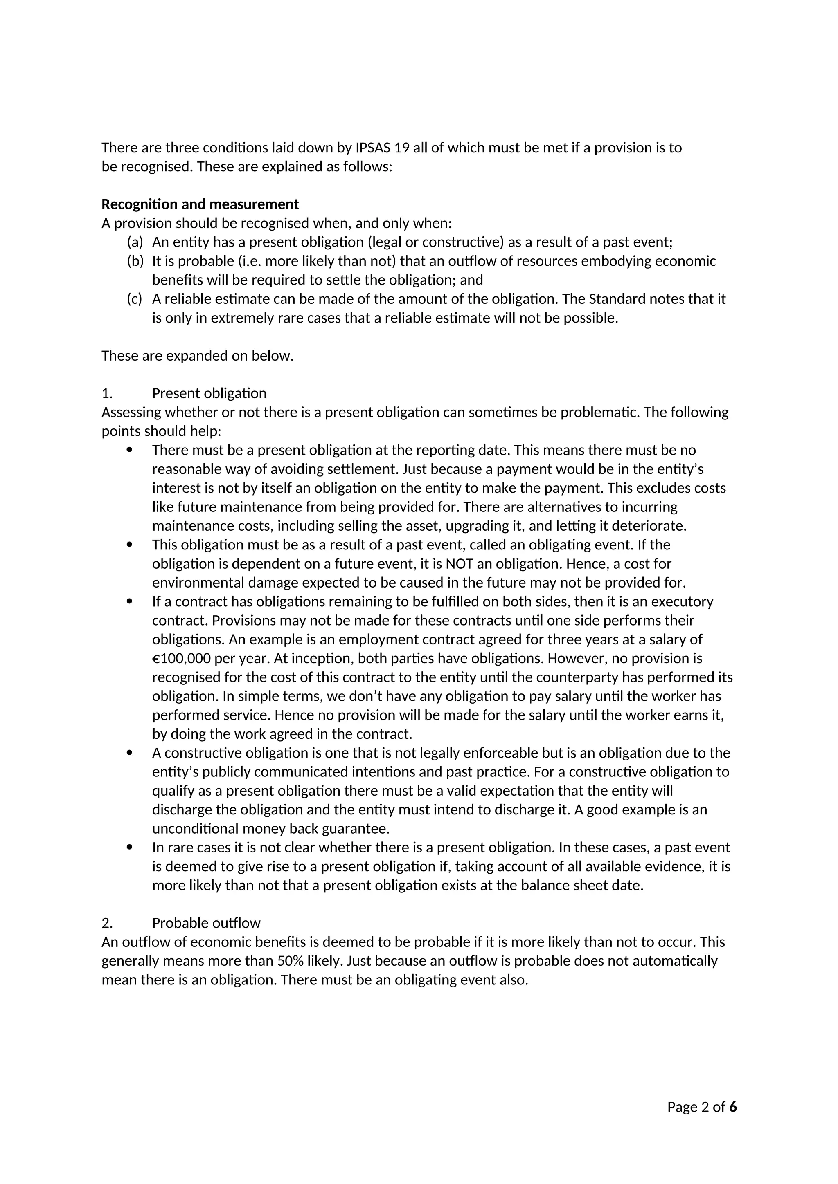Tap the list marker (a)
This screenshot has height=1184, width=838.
click(135, 242)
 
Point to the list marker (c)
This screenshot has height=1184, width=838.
click(134, 299)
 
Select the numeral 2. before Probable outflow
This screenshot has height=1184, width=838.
click(107, 923)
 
